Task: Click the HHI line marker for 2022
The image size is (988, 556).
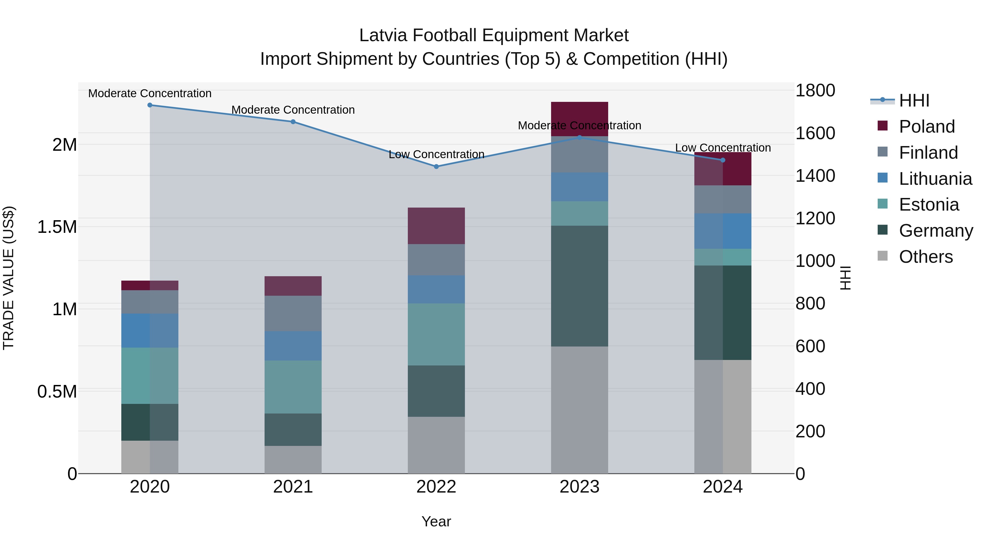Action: [436, 167]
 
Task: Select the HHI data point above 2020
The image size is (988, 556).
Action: [150, 105]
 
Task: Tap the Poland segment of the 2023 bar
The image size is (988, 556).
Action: [579, 119]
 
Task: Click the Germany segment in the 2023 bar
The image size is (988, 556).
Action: [579, 286]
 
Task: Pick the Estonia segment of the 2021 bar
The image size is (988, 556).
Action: [293, 387]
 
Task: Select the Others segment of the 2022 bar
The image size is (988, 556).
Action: [436, 445]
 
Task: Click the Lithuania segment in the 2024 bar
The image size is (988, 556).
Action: [723, 231]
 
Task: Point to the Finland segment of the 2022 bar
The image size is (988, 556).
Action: [436, 259]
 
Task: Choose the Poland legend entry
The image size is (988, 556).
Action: [927, 127]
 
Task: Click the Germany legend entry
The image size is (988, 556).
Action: [936, 231]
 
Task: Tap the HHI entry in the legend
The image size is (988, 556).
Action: [914, 100]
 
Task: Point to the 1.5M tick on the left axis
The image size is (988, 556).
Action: [57, 227]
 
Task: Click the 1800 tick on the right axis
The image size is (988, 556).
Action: [815, 91]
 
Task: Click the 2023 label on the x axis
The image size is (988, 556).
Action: [579, 487]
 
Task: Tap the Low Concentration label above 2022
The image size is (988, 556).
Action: [436, 154]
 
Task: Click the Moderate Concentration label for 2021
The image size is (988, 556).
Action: [293, 110]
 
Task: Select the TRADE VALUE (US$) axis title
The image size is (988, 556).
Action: [9, 278]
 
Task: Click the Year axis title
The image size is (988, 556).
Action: [436, 521]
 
